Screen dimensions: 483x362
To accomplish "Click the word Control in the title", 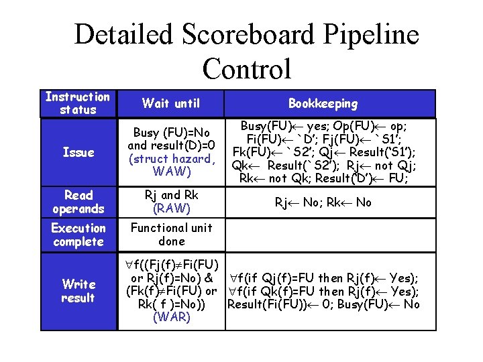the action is point(246,68).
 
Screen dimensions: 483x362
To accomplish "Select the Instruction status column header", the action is point(78,103).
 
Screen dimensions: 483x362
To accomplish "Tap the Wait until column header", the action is point(171,103).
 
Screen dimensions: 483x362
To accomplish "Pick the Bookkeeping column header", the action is point(323,103).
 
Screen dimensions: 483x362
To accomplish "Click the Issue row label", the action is point(78,152).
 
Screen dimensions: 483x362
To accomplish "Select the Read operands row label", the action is point(78,202).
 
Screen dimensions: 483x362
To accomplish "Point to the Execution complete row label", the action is point(78,235).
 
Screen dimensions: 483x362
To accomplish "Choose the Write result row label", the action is point(78,290).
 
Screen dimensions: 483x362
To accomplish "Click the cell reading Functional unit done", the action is point(171,235).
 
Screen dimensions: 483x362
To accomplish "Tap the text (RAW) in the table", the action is point(171,208).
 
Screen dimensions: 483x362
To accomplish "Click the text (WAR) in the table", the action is point(171,316).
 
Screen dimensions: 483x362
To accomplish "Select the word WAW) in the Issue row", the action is point(171,172).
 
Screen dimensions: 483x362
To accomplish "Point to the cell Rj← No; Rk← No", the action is point(323,202).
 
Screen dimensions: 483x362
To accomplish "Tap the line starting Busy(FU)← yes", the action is point(323,126).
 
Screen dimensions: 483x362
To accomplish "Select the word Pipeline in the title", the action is point(367,35).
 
